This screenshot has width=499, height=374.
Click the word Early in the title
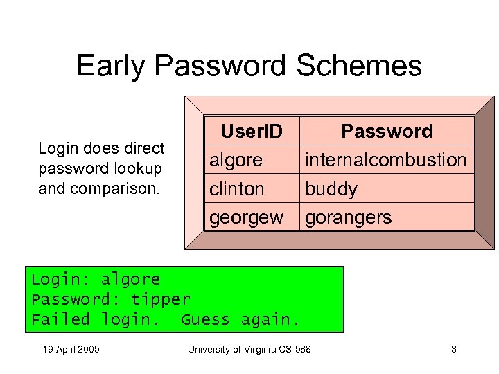112,66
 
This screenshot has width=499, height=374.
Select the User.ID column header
251,131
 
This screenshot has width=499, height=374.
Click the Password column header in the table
387,131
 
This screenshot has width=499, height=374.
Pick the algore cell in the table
236,160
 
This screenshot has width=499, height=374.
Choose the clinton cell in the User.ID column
237,189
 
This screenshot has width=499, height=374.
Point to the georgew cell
246,218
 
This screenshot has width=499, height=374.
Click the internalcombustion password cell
386,160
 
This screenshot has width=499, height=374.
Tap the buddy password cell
331,189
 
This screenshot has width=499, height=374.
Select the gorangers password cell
348,218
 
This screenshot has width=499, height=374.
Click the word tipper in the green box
160,300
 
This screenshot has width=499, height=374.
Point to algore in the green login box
130,280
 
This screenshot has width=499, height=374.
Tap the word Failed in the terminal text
61,320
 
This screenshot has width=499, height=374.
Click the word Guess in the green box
205,320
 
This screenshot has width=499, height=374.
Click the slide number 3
454,349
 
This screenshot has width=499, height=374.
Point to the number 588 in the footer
302,349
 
